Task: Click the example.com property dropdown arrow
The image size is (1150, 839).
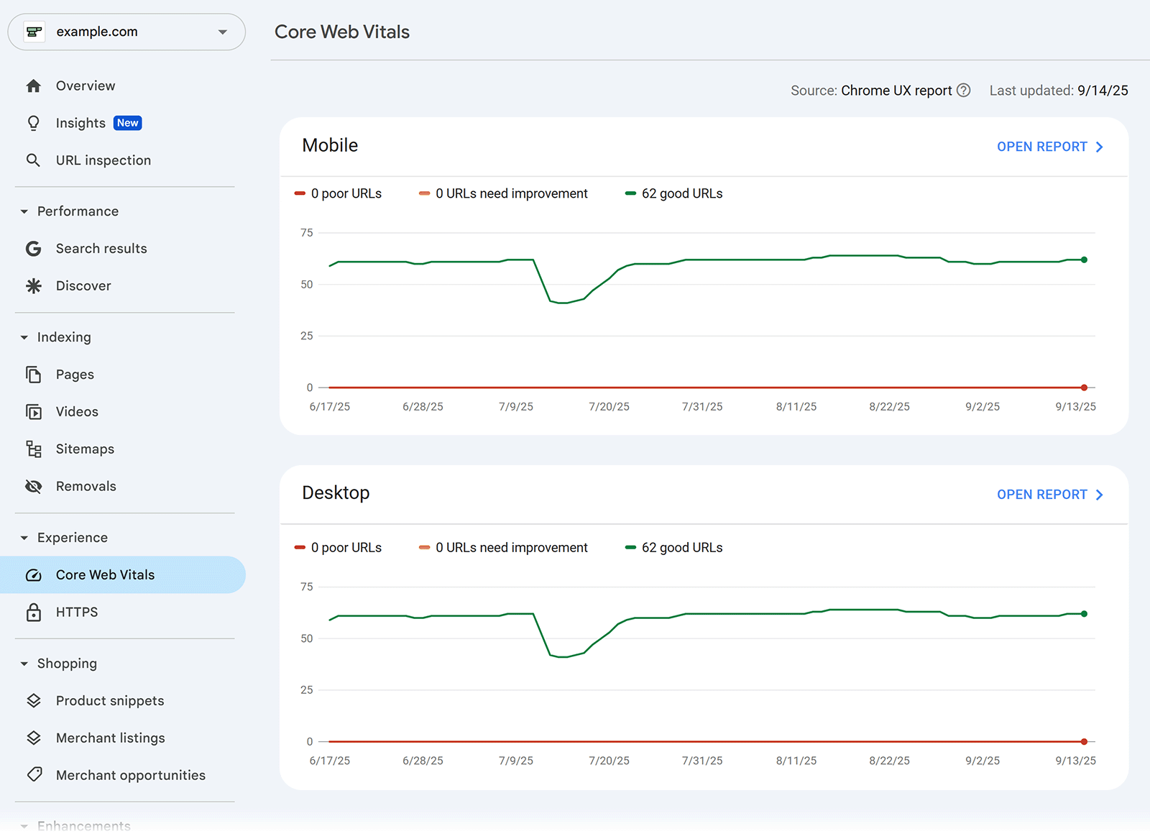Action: (223, 32)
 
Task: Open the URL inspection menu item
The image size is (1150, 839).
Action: (103, 160)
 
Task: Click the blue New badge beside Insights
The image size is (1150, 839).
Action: (128, 123)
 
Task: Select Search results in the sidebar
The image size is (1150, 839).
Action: (101, 249)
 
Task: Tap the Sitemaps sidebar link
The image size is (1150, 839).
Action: (85, 449)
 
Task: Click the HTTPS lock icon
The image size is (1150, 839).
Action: (34, 613)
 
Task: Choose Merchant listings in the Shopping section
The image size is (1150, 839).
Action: (110, 738)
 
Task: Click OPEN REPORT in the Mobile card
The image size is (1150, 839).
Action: (1049, 147)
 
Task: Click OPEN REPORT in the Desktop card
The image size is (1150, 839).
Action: (1049, 495)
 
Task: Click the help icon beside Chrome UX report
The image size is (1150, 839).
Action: (964, 91)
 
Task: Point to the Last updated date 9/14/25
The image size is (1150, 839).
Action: (1103, 91)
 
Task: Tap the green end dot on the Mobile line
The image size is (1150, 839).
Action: (1084, 260)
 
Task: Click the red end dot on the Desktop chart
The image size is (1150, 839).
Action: (1084, 741)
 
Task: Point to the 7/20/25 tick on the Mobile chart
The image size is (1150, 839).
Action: (609, 407)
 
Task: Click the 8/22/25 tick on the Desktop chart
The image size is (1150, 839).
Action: (889, 761)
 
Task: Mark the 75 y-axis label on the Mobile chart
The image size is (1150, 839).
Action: (307, 233)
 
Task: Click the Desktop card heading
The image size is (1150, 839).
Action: (336, 493)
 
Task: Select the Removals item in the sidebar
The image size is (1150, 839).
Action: (86, 487)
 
